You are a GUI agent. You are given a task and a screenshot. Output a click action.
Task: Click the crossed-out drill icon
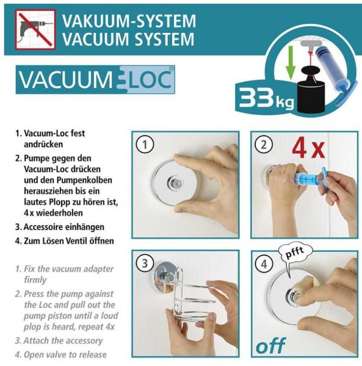35,29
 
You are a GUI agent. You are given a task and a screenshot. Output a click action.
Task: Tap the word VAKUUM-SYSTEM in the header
129,21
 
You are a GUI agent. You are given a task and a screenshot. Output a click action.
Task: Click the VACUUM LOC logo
95,79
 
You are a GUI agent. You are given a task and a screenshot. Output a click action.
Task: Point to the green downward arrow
291,62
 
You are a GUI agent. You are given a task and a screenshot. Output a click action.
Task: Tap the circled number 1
145,145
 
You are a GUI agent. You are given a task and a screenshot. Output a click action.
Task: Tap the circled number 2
264,145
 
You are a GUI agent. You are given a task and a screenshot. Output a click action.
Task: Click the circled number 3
145,264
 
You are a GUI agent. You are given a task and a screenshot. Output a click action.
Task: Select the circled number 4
264,264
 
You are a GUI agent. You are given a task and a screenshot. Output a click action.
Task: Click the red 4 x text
308,149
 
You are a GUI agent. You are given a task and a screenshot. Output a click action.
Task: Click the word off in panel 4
270,346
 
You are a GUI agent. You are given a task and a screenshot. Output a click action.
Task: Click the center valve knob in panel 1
174,182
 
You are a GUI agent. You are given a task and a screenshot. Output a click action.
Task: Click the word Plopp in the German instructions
63,202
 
